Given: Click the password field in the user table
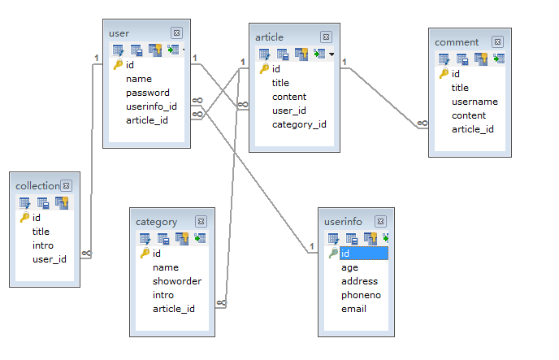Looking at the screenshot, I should coord(147,93).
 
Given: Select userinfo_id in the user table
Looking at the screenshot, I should coord(151,106).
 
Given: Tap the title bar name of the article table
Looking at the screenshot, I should coord(269,37).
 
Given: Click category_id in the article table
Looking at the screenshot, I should coord(299,124).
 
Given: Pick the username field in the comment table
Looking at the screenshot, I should coord(474,102).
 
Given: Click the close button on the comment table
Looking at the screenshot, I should coord(496,41).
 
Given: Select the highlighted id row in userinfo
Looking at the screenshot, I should coord(362,254).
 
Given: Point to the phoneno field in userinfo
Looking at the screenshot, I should coord(361,295).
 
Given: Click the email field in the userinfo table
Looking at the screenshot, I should coord(353,309).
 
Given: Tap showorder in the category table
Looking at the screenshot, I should coord(176,281).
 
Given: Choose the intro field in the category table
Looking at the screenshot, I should coord(163,295).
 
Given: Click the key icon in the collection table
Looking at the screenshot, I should coord(24,218).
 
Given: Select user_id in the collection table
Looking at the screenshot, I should coord(49,259).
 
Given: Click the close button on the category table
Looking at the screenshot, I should coord(201,221).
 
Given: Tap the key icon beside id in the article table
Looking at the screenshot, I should coord(264,69).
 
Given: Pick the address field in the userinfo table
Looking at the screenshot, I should coord(358,281).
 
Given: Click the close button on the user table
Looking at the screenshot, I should coord(176,33).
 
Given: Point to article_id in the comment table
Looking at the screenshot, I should coord(473,129).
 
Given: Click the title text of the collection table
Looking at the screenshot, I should coord(37,186).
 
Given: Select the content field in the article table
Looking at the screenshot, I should coord(288,97).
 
